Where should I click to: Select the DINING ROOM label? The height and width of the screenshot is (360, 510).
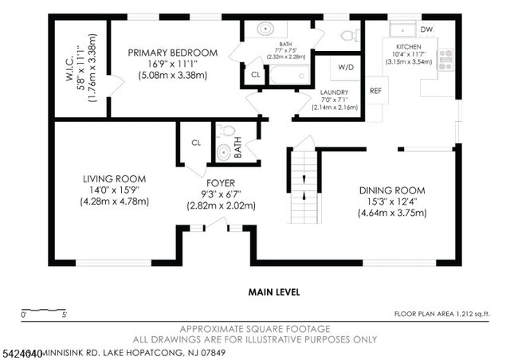(391, 190)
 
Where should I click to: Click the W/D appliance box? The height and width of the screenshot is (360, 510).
(346, 68)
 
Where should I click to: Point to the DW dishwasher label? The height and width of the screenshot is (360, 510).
(426, 29)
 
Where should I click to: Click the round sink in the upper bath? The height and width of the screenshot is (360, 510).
(265, 29)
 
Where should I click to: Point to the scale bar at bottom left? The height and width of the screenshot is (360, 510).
(43, 309)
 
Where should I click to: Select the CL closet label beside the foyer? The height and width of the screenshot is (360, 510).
(194, 143)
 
